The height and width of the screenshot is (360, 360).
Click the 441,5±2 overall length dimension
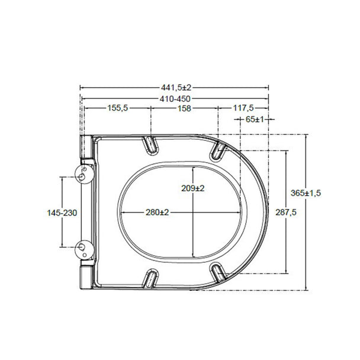tap(176, 88)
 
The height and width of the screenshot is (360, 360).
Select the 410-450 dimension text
tap(175, 99)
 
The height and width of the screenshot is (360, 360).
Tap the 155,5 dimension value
tap(118, 108)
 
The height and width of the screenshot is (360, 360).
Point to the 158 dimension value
tap(184, 108)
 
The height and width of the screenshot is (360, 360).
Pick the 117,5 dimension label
tap(243, 108)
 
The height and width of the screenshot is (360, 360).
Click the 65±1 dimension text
tap(255, 120)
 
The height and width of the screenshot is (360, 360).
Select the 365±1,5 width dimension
tap(306, 193)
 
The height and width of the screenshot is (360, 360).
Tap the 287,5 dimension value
tap(286, 213)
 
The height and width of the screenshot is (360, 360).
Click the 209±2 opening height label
tap(193, 188)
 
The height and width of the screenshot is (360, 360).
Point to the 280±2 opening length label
tap(157, 212)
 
